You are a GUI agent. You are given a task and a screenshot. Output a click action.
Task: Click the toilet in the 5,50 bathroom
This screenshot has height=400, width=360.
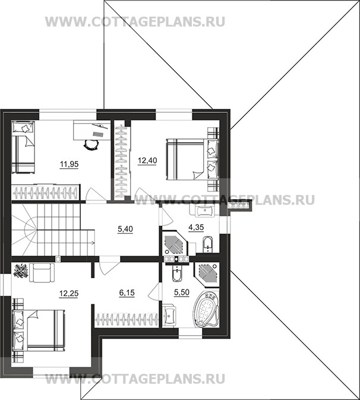pos(176,275)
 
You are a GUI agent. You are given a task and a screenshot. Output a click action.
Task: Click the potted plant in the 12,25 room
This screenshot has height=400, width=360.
pos(21,272)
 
